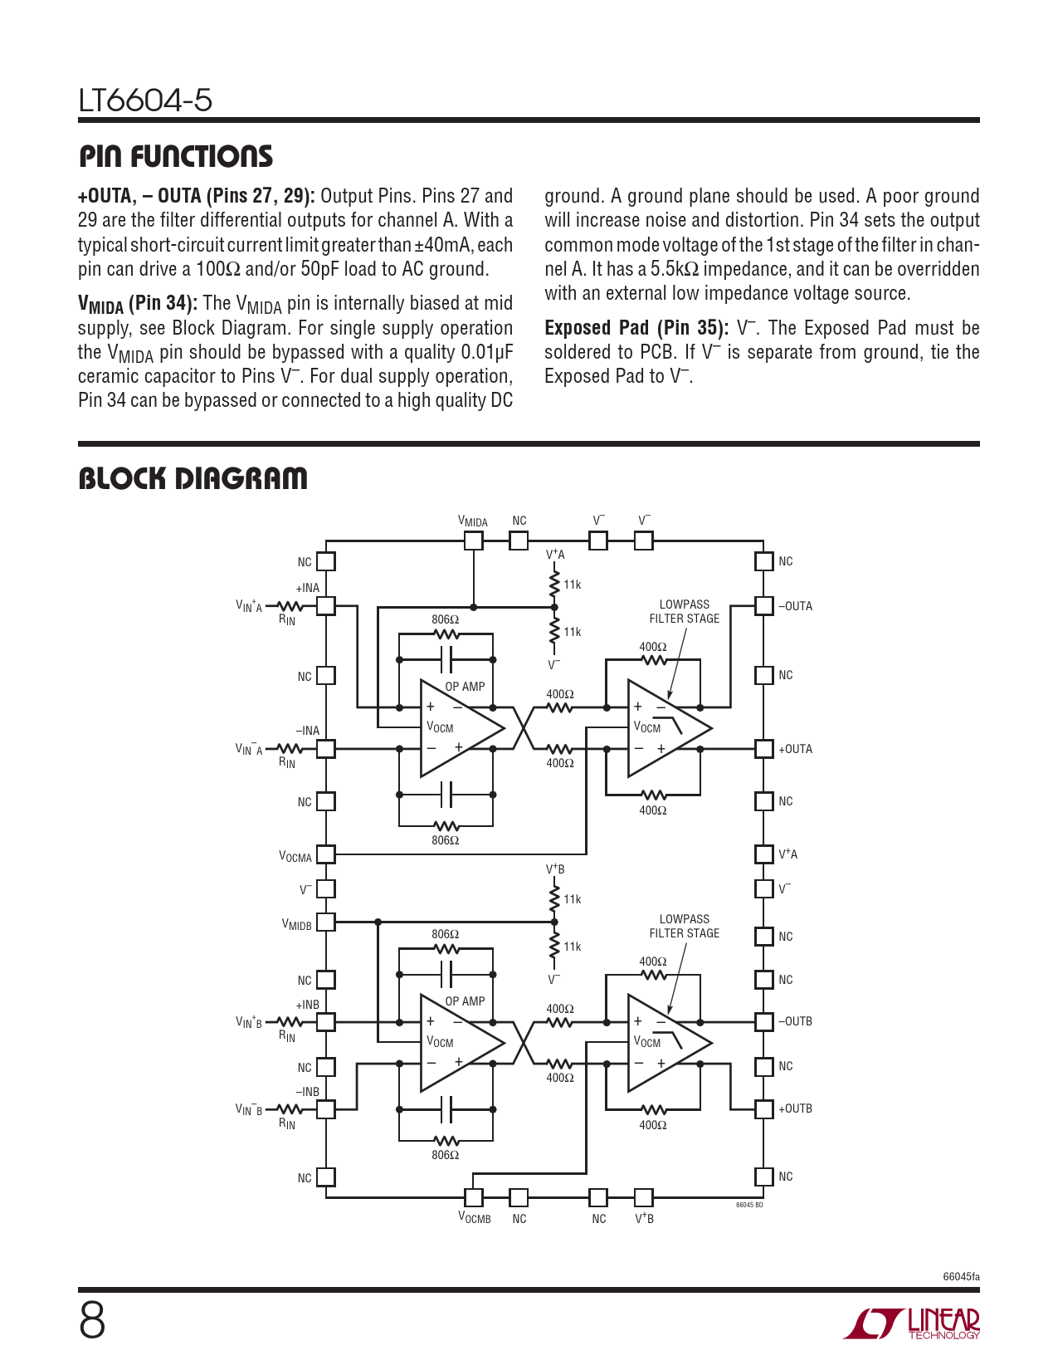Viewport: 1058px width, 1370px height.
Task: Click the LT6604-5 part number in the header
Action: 145,101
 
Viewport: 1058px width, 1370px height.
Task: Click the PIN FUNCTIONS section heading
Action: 175,157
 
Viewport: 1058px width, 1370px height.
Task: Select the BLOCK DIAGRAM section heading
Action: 193,479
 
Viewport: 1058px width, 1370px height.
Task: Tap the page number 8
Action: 92,1321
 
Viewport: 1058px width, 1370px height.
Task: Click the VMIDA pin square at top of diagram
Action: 473,541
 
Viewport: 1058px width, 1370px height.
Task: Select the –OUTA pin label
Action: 795,606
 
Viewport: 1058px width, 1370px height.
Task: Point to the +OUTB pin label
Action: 795,1108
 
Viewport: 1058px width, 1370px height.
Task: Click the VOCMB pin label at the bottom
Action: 475,1219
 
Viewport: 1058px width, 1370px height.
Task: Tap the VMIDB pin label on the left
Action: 296,925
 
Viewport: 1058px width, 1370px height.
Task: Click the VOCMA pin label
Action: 295,857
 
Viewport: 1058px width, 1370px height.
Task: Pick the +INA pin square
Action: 326,606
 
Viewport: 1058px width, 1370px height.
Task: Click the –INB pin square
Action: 326,1108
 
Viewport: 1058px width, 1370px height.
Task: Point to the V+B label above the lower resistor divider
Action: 555,869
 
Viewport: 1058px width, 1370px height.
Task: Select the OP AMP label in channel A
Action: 465,687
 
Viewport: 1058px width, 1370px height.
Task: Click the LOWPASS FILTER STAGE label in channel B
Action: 685,926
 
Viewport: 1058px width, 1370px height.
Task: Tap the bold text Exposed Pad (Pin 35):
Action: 636,328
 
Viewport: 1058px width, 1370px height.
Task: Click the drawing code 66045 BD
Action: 749,1205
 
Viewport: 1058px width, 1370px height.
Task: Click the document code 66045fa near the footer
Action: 961,1277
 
